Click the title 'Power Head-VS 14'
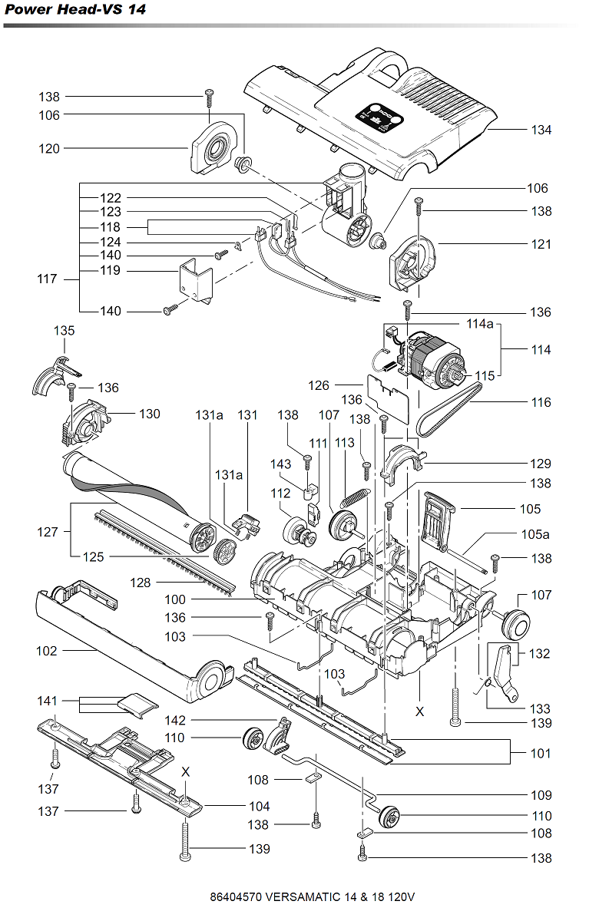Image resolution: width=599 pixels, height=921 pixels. (x=75, y=9)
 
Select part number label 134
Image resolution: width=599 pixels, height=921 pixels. (x=541, y=130)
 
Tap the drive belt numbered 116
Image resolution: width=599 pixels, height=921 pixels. (x=450, y=410)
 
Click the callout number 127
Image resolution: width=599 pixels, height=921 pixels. (x=48, y=532)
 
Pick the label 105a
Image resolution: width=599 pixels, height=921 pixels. (x=535, y=534)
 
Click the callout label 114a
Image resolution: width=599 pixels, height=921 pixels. (x=480, y=324)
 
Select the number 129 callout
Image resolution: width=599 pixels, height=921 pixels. (x=541, y=464)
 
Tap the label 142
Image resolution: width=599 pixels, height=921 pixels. (x=175, y=721)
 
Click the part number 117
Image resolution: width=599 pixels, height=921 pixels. (x=47, y=279)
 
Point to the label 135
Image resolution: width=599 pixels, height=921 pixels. (x=65, y=331)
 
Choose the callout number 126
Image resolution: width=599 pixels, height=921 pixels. (x=319, y=385)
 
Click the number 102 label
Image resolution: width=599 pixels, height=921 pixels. (x=47, y=652)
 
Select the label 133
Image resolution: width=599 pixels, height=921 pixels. (x=540, y=709)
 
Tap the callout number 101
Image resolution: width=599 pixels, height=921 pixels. (x=541, y=754)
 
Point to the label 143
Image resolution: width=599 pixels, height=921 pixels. (x=280, y=464)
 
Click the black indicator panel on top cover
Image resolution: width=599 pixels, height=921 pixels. (x=379, y=117)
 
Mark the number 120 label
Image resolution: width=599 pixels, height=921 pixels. (x=49, y=149)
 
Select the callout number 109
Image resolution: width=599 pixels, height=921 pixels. (x=541, y=796)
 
